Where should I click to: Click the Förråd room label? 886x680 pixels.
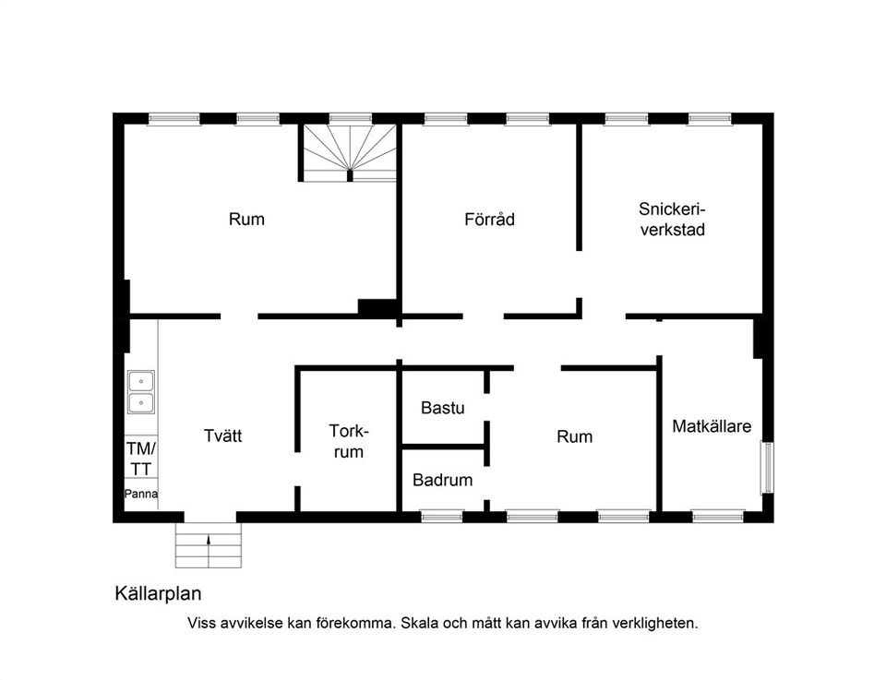[x=489, y=220]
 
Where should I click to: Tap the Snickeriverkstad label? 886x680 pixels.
[x=672, y=220]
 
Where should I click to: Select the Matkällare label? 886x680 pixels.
[x=712, y=427]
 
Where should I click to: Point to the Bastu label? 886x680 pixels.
[x=443, y=408]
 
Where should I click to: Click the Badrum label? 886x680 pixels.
[x=443, y=480]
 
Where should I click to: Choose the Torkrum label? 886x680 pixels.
[x=349, y=441]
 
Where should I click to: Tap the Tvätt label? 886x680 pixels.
[x=222, y=435]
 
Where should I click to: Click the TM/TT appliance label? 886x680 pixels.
[x=141, y=458]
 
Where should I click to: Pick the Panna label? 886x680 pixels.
[x=141, y=494]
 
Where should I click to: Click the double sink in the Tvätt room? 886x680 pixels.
[x=140, y=391]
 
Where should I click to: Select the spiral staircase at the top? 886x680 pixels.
[x=350, y=150]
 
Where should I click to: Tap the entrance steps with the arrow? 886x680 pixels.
[x=210, y=546]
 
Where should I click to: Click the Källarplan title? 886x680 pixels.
[x=158, y=593]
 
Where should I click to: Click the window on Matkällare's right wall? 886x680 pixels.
[x=767, y=468]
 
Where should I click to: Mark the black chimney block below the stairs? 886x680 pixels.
[x=377, y=308]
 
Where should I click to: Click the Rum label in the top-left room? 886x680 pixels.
[x=246, y=220]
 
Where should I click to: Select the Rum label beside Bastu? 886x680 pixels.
[x=574, y=436]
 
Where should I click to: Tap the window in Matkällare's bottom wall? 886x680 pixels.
[x=718, y=517]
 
